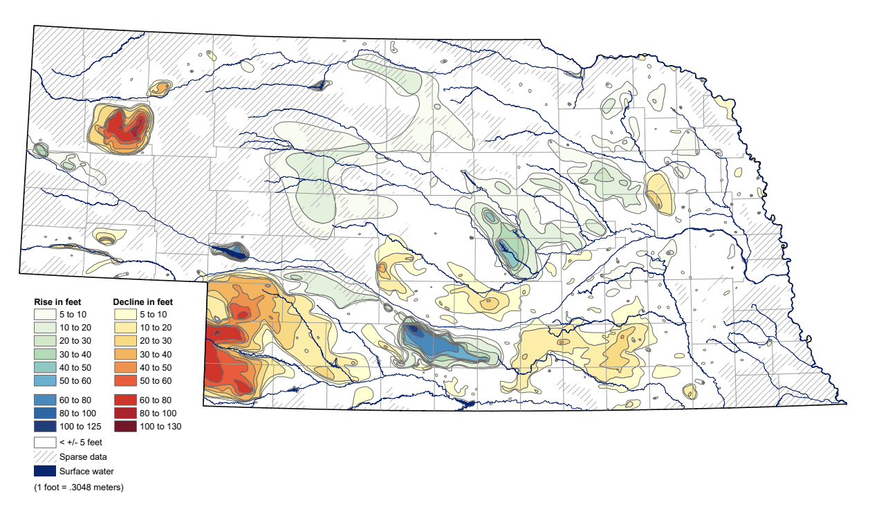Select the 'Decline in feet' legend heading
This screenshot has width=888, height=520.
(x=142, y=302)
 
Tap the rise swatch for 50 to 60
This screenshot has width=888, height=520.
(x=45, y=381)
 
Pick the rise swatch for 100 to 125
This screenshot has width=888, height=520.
(x=45, y=427)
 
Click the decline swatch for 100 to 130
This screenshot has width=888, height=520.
(x=124, y=427)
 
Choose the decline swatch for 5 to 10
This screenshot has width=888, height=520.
(x=124, y=315)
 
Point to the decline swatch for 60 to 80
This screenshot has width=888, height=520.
(x=124, y=400)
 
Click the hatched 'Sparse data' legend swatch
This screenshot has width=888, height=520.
(x=45, y=456)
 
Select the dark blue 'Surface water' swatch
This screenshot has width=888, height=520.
(x=45, y=472)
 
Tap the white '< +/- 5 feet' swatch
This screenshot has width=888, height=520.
(x=45, y=441)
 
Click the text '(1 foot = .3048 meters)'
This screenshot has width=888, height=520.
(x=79, y=488)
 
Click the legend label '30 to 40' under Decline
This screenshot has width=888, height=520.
(x=156, y=355)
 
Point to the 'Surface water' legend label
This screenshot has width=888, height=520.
(x=86, y=472)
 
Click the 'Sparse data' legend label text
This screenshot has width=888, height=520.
(x=83, y=456)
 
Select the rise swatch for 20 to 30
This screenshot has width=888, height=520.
(x=45, y=341)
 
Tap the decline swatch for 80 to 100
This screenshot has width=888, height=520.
(x=124, y=413)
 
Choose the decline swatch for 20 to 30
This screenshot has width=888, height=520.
(x=124, y=341)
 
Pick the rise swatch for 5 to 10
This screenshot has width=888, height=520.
(x=45, y=315)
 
